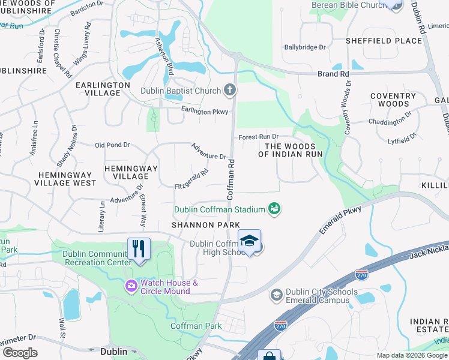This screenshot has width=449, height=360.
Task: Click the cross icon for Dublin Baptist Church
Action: (229, 91)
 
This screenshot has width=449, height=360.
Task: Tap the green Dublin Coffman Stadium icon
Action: (275, 209)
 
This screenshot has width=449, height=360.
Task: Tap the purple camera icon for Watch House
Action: (131, 286)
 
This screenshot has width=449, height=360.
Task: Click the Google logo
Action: (20, 352)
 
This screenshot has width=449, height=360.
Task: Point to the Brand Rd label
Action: (333, 74)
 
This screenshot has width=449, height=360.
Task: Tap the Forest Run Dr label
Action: (259, 137)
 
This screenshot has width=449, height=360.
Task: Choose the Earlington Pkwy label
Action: (205, 111)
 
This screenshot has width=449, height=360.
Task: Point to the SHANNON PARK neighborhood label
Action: (202, 224)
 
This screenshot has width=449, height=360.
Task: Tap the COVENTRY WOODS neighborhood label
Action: (393, 100)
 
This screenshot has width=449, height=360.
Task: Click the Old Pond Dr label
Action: (112, 145)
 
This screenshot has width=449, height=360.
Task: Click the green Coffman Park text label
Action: (196, 326)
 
